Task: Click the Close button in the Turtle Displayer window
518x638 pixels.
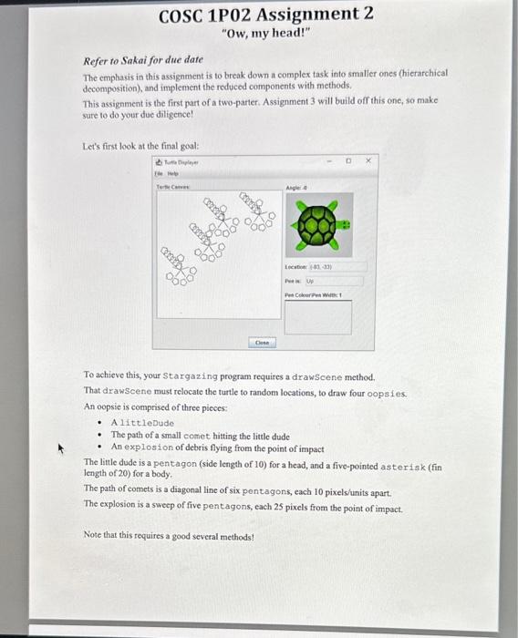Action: (262, 343)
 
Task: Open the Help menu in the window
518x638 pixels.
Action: (174, 170)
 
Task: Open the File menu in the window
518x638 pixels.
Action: (159, 170)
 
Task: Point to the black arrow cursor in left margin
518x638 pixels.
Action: (63, 448)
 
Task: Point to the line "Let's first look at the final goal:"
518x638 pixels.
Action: (140, 145)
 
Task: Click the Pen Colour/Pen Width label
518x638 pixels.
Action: (310, 295)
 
